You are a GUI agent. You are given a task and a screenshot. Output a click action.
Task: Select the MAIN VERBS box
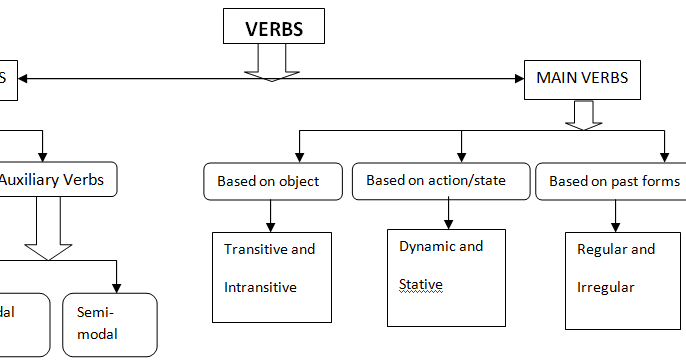(582, 78)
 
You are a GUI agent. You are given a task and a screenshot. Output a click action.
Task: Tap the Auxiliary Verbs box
(57, 181)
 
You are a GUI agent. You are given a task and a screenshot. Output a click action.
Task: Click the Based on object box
(268, 181)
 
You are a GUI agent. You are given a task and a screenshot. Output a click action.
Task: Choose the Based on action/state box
(436, 181)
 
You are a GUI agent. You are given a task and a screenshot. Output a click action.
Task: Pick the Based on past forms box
(613, 181)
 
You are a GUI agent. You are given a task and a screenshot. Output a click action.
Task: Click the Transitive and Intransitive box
(271, 277)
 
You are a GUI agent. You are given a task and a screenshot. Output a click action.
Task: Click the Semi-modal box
(109, 324)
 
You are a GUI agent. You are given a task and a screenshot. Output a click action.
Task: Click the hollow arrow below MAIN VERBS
(582, 114)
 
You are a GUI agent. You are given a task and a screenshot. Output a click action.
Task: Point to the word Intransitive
(261, 287)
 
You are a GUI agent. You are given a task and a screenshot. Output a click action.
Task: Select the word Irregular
(606, 287)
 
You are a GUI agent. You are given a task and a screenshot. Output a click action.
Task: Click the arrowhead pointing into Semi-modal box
(118, 286)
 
